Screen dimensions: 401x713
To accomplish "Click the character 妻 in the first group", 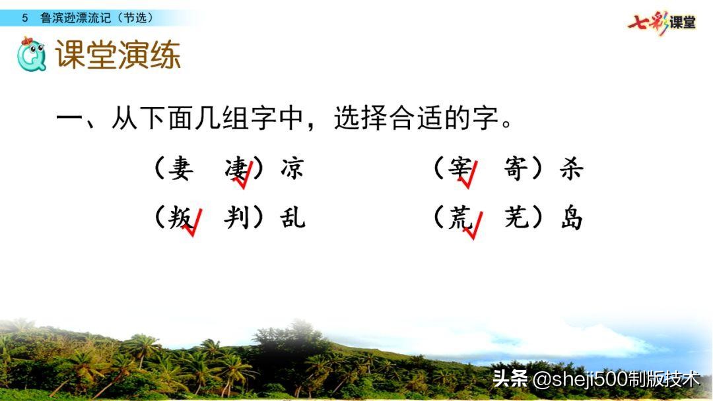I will point(180,170).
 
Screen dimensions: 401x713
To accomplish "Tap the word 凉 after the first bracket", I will point(292,170).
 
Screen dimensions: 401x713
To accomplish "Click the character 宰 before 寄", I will point(459,170).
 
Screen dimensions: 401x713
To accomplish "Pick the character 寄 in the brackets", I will point(516,170).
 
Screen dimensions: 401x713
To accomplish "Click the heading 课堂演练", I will point(118,55).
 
